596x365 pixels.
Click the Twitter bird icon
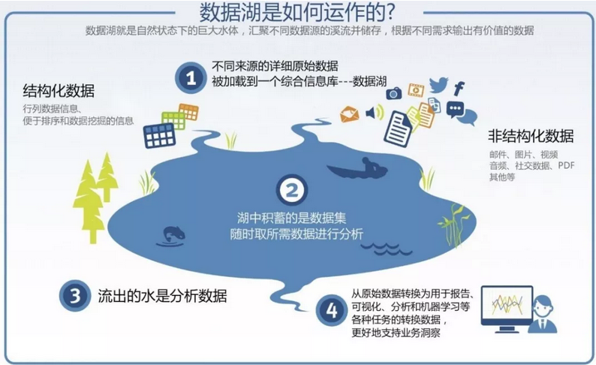point(438,85)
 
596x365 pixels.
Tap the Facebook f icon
point(459,89)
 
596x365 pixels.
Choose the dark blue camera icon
point(394,93)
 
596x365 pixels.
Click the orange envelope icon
point(349,114)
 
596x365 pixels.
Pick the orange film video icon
point(416,90)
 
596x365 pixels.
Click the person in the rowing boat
point(368,164)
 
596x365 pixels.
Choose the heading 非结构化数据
point(530,136)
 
